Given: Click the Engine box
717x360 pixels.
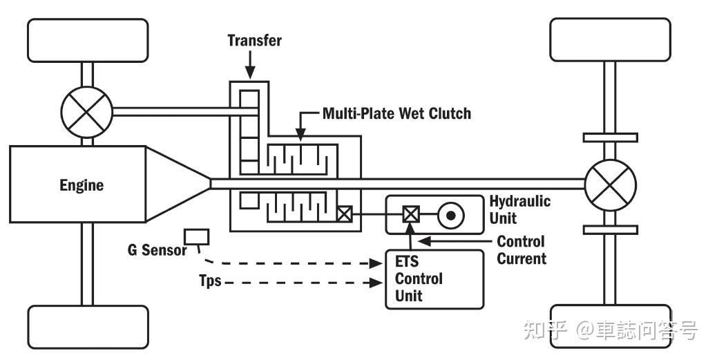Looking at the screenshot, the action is point(78,184).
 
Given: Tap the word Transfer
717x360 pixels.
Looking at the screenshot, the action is point(255,40).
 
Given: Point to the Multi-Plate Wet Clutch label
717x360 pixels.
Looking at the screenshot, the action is point(396,113).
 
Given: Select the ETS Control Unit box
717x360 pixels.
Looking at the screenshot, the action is point(434,279).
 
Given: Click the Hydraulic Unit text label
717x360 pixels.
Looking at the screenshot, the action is point(520,209).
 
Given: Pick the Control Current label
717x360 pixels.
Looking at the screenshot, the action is point(522,249).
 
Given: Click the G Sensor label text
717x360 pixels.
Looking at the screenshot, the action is point(157,249).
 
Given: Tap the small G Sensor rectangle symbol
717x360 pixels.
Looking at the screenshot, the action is point(197,237).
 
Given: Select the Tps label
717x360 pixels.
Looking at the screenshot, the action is point(210,280).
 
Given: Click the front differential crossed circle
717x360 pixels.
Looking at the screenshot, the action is point(87,112).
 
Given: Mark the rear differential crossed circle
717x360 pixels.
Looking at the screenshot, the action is point(610,184).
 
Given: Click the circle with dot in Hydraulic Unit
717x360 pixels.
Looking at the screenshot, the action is point(451,214).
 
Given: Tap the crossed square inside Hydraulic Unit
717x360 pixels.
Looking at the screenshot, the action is point(410,214).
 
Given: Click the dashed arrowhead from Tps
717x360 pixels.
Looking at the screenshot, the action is point(376,283).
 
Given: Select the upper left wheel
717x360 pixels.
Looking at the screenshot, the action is point(88,40).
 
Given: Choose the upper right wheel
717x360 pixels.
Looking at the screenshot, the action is point(610,40).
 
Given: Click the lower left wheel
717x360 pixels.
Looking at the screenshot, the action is point(88,327).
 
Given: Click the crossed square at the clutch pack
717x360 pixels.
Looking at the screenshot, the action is point(344,214).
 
